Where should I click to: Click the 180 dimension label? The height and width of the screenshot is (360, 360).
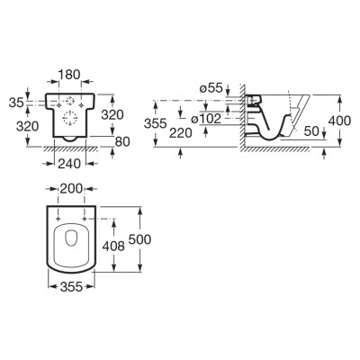coord(69,75)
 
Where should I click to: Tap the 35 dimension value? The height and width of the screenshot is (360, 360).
coord(16,103)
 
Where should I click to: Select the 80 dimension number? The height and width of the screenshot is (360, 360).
coord(122,141)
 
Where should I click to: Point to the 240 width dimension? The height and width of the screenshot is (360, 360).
coord(69,164)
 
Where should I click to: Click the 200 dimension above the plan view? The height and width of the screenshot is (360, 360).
coord(71,189)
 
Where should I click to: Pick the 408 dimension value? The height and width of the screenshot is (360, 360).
coord(113,247)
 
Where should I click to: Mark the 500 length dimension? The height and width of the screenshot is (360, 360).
coord(139,239)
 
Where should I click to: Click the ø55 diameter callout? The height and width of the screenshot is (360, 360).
coord(211,88)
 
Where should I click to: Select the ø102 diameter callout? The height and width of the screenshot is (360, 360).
coord(206,119)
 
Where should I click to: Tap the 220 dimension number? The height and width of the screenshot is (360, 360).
coord(180,133)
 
